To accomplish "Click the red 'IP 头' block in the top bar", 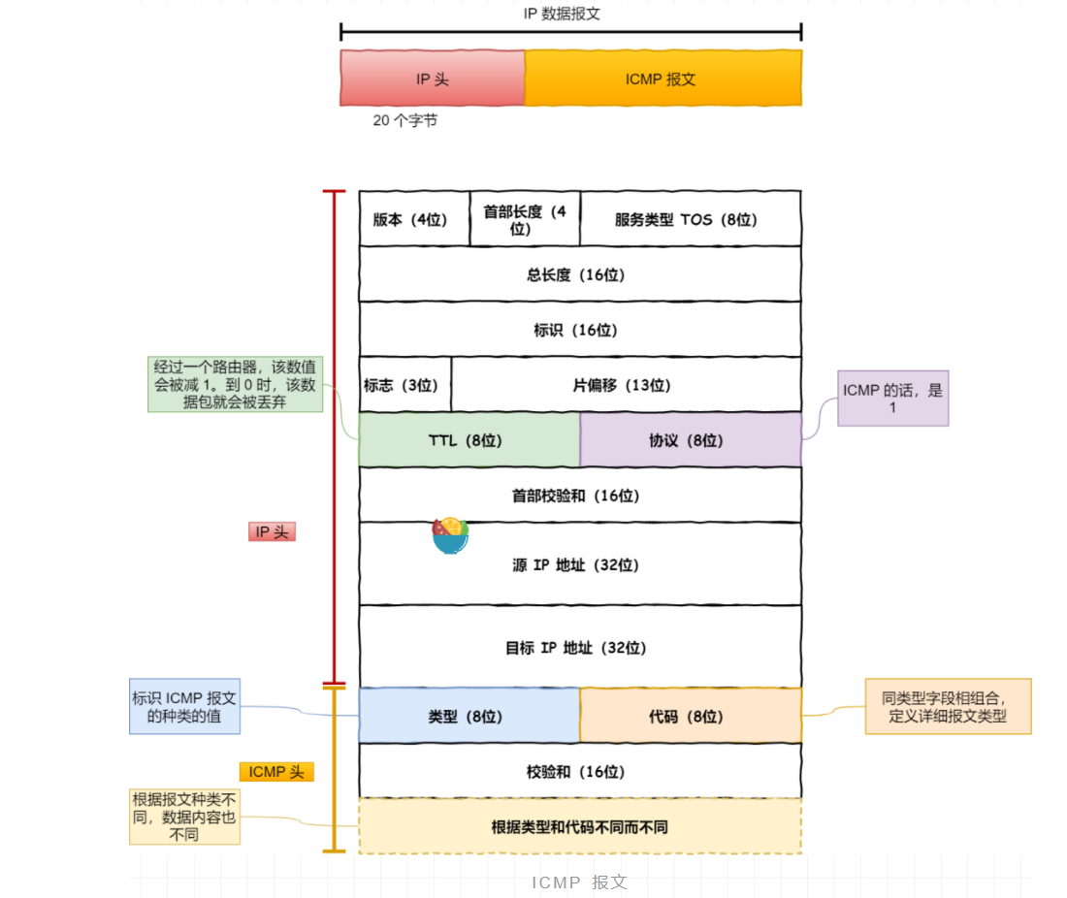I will [432, 79].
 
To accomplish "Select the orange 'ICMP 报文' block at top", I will [663, 79].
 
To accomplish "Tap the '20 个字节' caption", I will [404, 121].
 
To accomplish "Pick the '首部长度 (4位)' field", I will [525, 219].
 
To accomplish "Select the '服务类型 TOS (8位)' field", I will [690, 219].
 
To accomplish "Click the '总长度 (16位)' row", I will [579, 274].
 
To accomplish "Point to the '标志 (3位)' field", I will [404, 385].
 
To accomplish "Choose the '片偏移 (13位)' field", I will [626, 385].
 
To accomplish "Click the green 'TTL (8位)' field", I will [469, 440].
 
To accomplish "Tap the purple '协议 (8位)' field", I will [690, 440].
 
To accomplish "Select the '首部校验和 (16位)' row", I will [579, 496].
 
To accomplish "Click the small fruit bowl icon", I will [450, 535].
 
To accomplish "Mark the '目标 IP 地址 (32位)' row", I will [579, 647].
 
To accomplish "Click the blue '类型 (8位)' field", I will [469, 717].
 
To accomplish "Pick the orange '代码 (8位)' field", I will [690, 717].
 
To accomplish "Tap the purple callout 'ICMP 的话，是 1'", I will [892, 398].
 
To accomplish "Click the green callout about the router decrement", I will [235, 384].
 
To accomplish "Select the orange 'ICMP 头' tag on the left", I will [276, 772].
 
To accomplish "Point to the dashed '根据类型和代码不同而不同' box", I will [579, 827].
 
